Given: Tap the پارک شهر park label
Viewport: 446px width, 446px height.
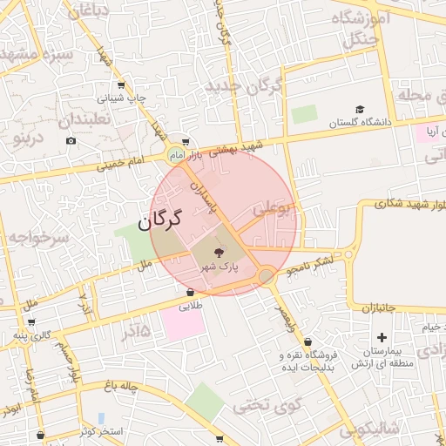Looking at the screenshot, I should pos(218,267).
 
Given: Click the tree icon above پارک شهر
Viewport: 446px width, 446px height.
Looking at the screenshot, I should pos(218,253).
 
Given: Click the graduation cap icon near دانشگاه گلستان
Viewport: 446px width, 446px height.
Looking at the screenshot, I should pos(359,110).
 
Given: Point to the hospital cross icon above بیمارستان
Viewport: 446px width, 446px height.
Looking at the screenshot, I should pos(381,337).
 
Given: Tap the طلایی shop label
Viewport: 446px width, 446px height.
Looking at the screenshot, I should pos(191,306).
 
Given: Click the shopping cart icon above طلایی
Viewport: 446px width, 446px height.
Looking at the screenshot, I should pos(190,293).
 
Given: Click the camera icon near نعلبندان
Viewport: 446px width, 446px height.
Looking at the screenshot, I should pos(71,140).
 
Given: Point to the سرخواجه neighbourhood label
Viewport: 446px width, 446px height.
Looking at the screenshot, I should pos(36,237).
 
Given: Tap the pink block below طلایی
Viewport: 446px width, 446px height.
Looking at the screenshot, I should pos(182,325).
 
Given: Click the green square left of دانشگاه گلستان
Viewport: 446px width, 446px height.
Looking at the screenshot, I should pos(305,114).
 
